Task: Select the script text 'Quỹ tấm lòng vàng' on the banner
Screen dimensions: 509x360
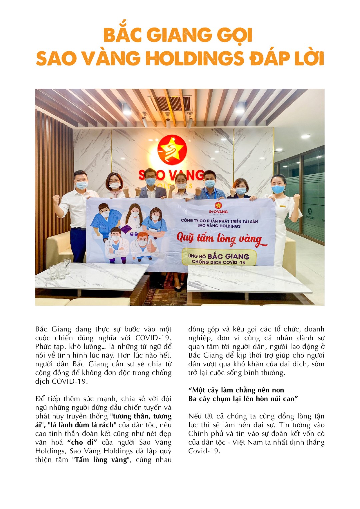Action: (221, 239)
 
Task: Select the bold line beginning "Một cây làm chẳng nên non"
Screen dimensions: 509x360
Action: (236, 390)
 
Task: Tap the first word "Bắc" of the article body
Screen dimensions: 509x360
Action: (41, 329)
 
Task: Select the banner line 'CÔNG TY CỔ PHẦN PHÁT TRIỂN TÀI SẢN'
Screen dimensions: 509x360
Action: (219, 221)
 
